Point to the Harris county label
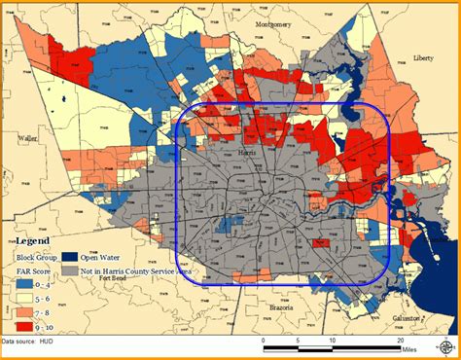tap(247, 153)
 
